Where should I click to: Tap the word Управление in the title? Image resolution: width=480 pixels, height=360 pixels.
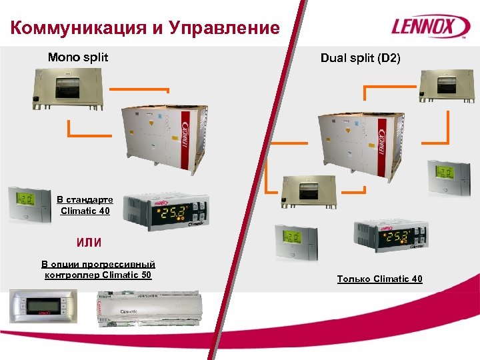click(225, 28)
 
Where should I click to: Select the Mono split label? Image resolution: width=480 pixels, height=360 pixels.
click(77, 57)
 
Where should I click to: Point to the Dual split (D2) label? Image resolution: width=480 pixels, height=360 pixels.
click(361, 58)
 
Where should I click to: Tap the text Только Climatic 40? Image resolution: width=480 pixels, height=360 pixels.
click(379, 279)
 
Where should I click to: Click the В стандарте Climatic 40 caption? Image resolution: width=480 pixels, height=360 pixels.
click(84, 205)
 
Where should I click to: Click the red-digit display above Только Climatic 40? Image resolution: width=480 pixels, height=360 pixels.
click(390, 237)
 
